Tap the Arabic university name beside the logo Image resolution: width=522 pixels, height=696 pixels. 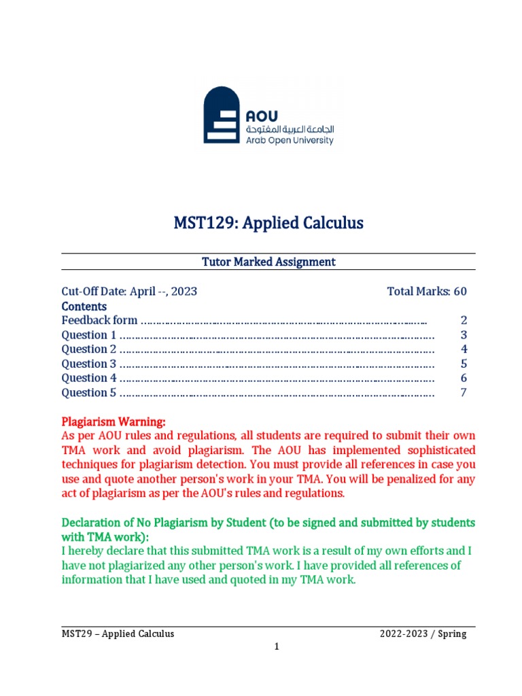point(290,128)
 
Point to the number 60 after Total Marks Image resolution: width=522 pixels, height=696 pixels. point(460,292)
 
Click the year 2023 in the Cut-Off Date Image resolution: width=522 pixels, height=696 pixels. point(184,292)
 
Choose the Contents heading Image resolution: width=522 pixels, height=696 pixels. point(84,306)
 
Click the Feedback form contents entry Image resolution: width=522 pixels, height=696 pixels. point(100,320)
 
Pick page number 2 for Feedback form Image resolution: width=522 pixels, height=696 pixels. point(464,320)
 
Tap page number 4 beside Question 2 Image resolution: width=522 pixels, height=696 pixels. point(464,349)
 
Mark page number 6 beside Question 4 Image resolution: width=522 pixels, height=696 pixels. point(464,378)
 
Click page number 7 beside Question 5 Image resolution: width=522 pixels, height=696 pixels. point(464,392)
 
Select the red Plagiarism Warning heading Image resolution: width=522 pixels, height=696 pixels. point(114,421)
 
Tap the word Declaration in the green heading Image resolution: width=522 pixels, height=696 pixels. point(91,523)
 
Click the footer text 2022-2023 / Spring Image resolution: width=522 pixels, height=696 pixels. point(423,633)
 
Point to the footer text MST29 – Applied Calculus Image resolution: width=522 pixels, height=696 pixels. point(118,633)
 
